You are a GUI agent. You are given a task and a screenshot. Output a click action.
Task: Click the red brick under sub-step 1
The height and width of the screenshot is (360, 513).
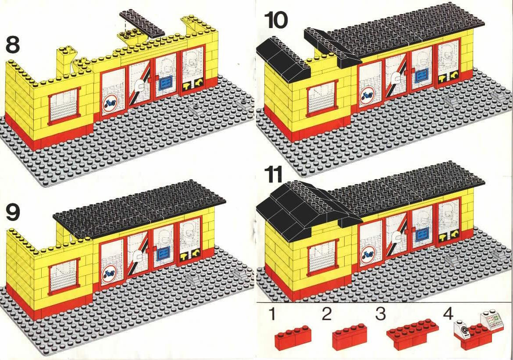293,336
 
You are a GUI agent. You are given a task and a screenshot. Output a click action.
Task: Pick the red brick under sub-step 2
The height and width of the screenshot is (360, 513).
350,336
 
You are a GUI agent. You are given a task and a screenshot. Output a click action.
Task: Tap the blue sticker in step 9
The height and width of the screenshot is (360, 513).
162,253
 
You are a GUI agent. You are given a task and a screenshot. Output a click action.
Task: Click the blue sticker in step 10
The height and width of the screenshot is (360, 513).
421,76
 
